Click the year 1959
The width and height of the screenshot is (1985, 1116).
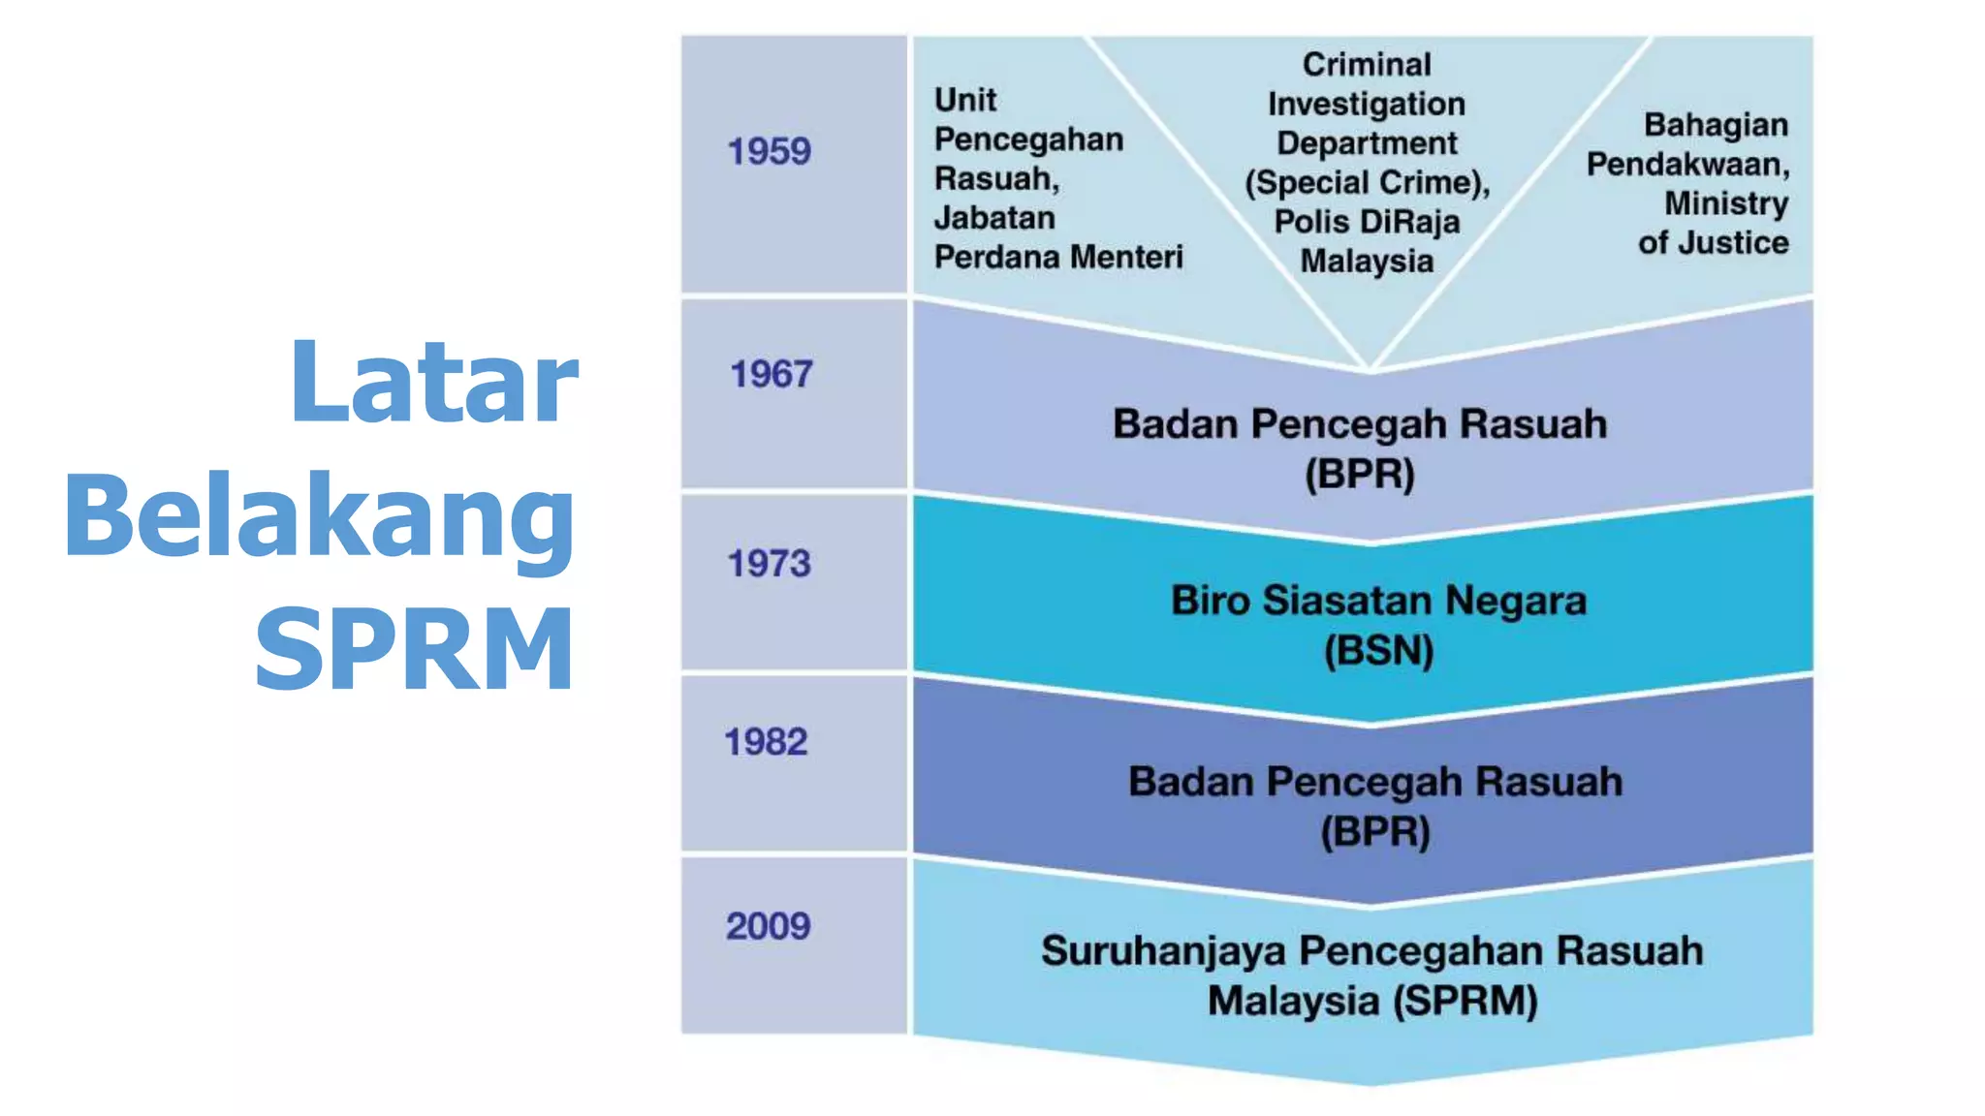769,152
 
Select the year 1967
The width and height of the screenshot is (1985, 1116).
771,375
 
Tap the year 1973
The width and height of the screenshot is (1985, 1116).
769,564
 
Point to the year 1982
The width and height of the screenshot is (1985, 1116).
766,742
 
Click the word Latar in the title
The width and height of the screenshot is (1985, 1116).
433,382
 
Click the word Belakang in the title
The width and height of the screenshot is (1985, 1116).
320,516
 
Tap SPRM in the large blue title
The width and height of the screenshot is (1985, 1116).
415,648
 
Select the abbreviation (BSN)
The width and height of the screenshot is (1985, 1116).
1378,650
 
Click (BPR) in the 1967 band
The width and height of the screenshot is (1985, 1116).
1359,474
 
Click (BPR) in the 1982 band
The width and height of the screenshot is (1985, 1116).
1374,831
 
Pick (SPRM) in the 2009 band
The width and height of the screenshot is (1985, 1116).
1465,1001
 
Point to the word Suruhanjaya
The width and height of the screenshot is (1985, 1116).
1162,951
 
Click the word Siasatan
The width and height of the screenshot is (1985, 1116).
1347,601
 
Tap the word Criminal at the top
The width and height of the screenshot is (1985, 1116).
1366,65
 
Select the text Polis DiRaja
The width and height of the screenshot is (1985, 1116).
1366,222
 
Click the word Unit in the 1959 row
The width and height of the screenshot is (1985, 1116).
964,100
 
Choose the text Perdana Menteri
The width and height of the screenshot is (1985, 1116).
1057,257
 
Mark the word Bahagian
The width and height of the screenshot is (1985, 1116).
1715,125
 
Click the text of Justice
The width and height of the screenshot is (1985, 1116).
1713,242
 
